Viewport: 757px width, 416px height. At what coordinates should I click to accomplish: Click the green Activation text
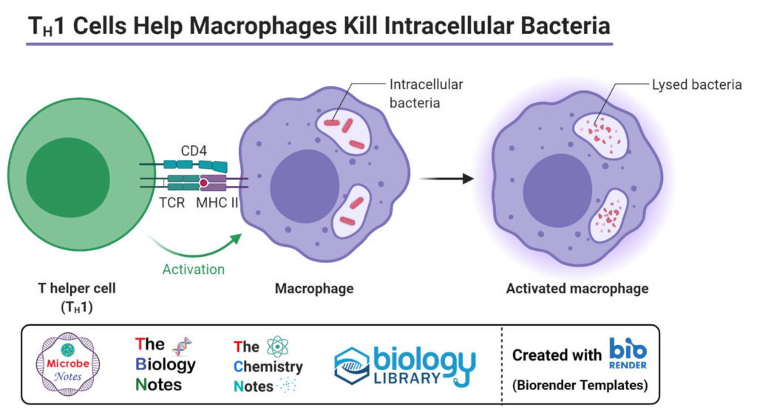[193, 269]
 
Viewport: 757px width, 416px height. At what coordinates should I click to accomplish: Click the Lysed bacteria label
[696, 84]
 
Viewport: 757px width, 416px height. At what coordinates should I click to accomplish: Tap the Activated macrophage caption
[577, 288]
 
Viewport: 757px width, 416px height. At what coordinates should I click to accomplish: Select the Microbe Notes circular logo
[67, 364]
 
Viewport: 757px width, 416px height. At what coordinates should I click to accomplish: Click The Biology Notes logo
[165, 364]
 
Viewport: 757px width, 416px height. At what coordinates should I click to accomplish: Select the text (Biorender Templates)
[580, 385]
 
